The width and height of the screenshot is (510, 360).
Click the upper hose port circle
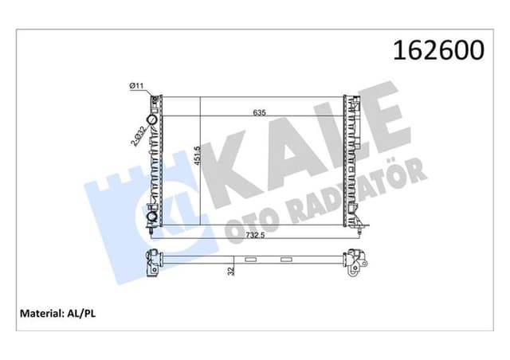(153, 102)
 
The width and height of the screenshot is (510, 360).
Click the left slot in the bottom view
(251, 259)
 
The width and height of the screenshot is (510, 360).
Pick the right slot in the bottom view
(284, 259)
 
